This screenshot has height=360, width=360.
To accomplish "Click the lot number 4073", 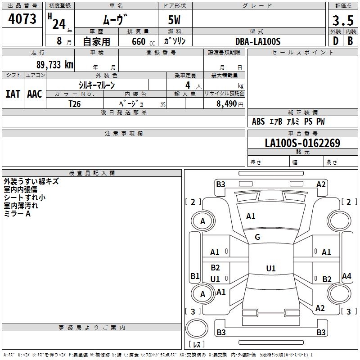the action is pyautogui.click(x=22, y=18).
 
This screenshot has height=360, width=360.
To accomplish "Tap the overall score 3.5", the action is pyautogui.click(x=343, y=20).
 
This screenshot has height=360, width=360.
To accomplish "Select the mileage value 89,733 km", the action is pyautogui.click(x=55, y=64).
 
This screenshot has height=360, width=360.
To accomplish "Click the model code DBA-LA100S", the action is pyautogui.click(x=258, y=41).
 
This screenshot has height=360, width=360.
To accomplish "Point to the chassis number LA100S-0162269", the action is pyautogui.click(x=302, y=143).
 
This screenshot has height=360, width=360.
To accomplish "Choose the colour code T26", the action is pyautogui.click(x=75, y=104).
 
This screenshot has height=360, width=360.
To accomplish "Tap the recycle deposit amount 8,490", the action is pyautogui.click(x=227, y=103).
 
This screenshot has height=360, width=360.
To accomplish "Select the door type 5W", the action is pyautogui.click(x=174, y=20).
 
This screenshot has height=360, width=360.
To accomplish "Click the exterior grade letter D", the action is pyautogui.click(x=336, y=41).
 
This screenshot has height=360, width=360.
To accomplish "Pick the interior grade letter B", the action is pyautogui.click(x=350, y=41).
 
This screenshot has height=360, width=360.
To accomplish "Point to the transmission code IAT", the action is pyautogui.click(x=13, y=94).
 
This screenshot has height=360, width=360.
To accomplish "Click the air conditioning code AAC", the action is pyautogui.click(x=35, y=94).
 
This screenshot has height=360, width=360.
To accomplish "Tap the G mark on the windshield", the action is pyautogui.click(x=257, y=237).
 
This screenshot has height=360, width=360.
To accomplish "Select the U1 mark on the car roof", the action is pyautogui.click(x=271, y=268).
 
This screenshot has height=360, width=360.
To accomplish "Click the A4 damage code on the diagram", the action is pyautogui.click(x=346, y=276).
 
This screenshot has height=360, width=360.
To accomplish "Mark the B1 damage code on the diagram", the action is pyautogui.click(x=195, y=276).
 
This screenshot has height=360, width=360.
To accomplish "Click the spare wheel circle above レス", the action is pyautogui.click(x=197, y=328).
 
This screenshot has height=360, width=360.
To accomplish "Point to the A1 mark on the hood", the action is pyautogui.click(x=251, y=216).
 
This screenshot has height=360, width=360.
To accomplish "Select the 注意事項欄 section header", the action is pyautogui.click(x=124, y=133).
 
